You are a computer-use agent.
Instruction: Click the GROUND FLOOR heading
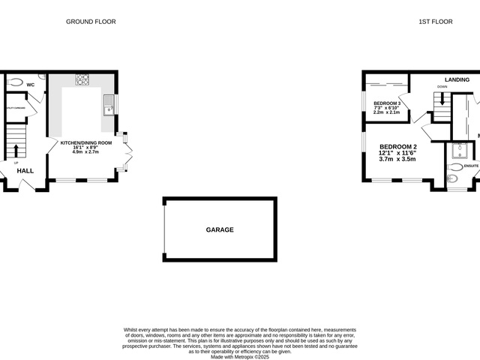point(91,22)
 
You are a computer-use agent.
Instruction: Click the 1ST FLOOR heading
point(435,22)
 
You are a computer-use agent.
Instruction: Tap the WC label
point(31,85)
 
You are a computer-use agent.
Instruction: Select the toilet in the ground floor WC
point(17,82)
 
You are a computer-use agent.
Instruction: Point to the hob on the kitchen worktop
point(82,79)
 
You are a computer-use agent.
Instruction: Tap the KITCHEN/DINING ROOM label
point(86,142)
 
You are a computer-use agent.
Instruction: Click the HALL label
point(25,171)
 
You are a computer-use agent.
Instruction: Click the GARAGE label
point(220,229)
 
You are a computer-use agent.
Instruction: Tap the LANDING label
point(457,79)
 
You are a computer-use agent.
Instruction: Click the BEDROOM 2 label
point(397,146)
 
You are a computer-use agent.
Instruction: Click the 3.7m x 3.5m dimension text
point(397,159)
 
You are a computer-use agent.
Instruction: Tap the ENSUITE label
point(471,166)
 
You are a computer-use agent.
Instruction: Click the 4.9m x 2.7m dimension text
point(86,152)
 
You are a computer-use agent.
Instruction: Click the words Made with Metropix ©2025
point(240,356)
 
